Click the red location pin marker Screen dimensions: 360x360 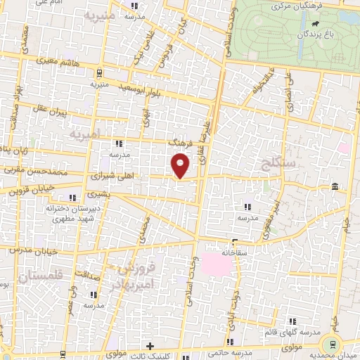[x=181, y=165]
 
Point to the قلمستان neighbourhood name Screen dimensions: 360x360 [x=41, y=276]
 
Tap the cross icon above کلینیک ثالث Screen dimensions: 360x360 [x=150, y=346]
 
